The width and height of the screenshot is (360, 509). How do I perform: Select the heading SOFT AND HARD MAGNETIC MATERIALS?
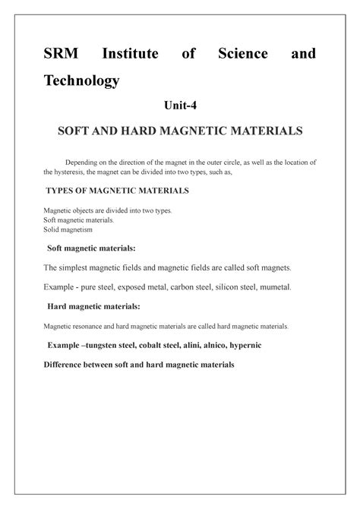[x=180, y=131]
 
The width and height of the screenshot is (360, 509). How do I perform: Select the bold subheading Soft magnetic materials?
[x=93, y=248]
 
